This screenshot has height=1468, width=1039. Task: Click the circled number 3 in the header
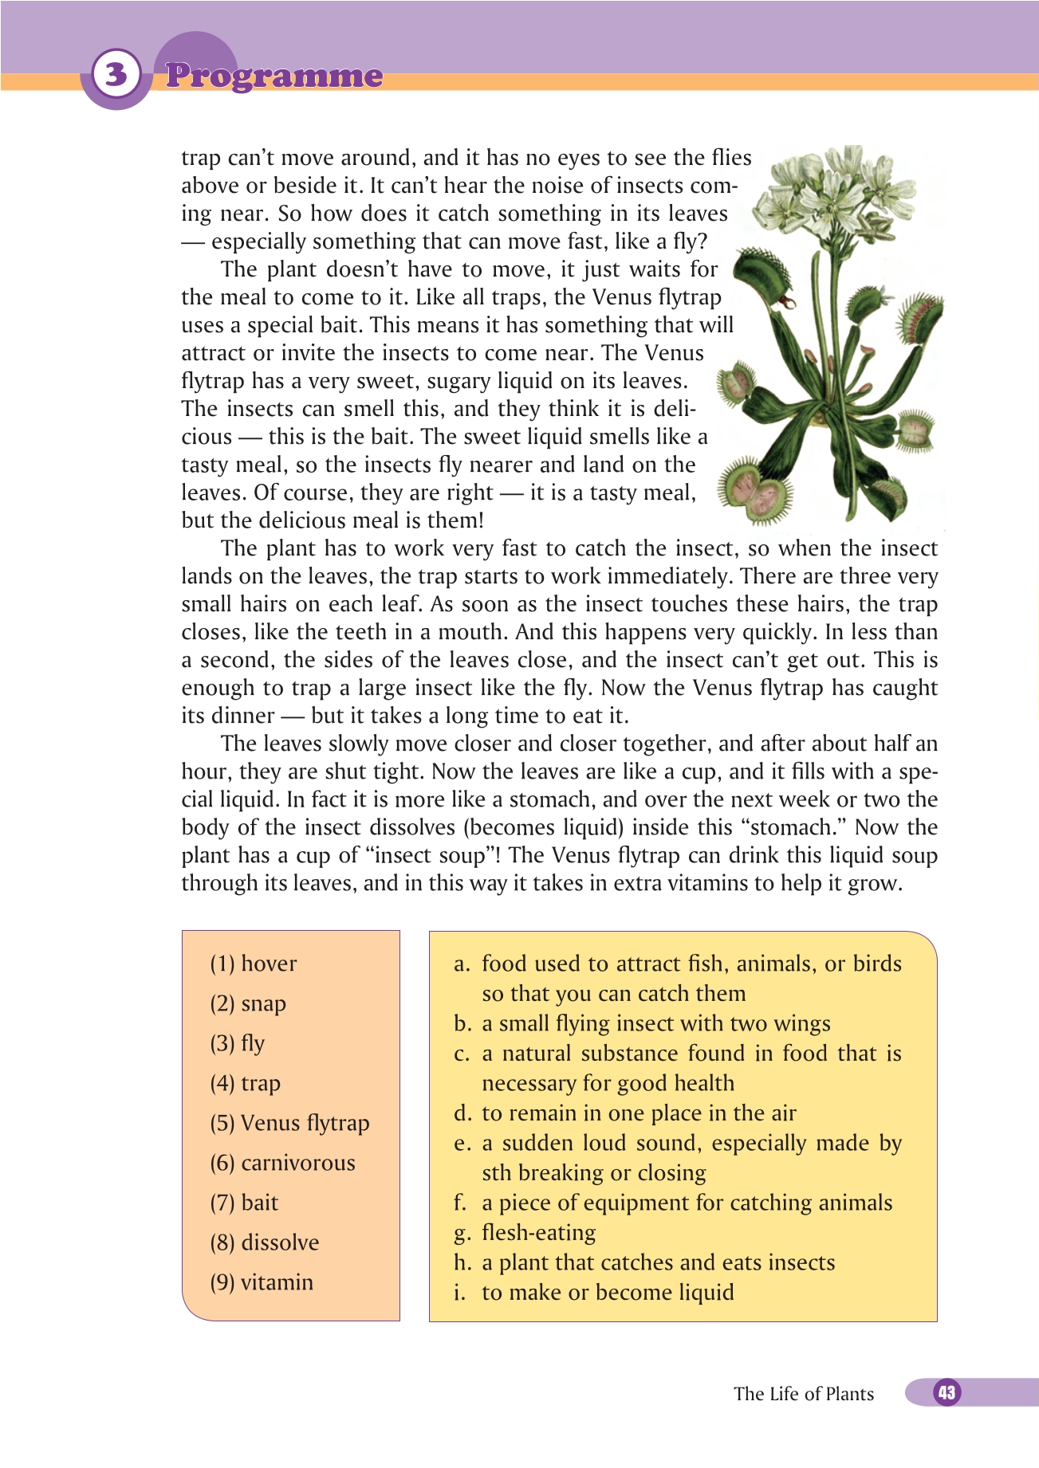pos(116,74)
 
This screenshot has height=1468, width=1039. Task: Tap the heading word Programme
pos(274,76)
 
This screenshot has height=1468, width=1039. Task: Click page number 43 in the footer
pos(947,1392)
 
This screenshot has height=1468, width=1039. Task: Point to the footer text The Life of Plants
pos(803,1394)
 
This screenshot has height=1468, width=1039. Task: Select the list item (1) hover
pos(253,964)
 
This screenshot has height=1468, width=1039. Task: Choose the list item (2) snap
pos(247,1003)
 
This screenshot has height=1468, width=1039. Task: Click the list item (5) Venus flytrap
pos(289,1123)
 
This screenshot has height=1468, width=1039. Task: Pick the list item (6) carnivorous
pos(282,1163)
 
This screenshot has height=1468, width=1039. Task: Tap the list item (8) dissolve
pos(264,1242)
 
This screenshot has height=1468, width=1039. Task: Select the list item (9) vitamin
pos(262,1282)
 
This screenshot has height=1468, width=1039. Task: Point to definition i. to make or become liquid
pos(594,1293)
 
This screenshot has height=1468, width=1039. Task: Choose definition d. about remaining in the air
pos(626,1113)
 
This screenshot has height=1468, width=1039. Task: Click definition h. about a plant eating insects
pos(645,1262)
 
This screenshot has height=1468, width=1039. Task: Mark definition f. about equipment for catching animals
pos(674,1203)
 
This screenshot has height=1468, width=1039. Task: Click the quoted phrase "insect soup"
pos(431,855)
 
